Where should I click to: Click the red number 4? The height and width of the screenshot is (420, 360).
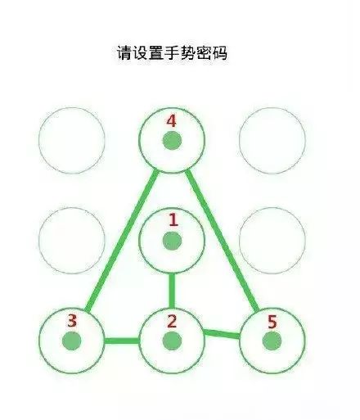pyautogui.click(x=171, y=121)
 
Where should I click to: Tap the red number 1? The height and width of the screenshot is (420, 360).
pyautogui.click(x=173, y=220)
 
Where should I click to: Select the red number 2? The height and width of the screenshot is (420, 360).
pyautogui.click(x=172, y=321)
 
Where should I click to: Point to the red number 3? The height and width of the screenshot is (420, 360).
pyautogui.click(x=72, y=321)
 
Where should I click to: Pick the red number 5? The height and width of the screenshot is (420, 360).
pyautogui.click(x=272, y=322)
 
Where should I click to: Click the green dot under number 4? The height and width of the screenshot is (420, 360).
pyautogui.click(x=172, y=141)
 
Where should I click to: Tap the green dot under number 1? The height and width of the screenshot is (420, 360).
pyautogui.click(x=172, y=241)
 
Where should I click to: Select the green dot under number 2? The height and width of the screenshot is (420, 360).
pyautogui.click(x=172, y=341)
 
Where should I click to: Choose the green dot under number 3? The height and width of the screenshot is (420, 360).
pyautogui.click(x=72, y=341)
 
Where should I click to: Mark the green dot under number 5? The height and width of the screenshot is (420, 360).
pyautogui.click(x=272, y=341)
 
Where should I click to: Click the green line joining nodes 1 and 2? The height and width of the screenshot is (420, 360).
pyautogui.click(x=172, y=291)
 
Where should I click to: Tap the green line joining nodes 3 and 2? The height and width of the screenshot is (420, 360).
pyautogui.click(x=122, y=341)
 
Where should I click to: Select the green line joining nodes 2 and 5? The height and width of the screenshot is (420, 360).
pyautogui.click(x=222, y=334)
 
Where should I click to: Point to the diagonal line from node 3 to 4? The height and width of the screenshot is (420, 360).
pyautogui.click(x=122, y=241)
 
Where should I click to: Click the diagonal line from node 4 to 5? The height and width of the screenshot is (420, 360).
pyautogui.click(x=222, y=240)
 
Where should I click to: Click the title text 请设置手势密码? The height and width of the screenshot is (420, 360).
pyautogui.click(x=172, y=52)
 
